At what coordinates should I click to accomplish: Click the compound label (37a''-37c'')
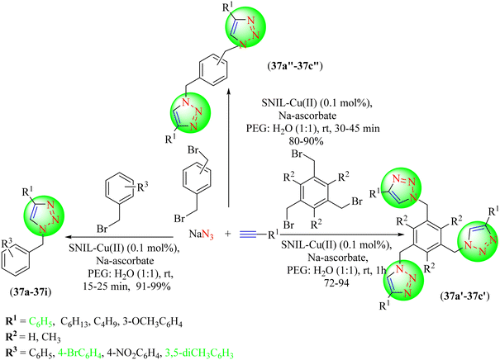point(295,67)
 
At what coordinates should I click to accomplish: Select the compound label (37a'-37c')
point(464,296)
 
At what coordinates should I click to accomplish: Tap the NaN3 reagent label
point(201,234)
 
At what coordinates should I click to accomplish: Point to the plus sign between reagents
point(227,234)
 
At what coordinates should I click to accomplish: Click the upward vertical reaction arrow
point(229,149)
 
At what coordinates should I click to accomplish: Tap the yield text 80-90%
point(306,140)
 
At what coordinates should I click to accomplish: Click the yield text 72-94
point(335,282)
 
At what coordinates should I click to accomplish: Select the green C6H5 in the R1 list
point(40,322)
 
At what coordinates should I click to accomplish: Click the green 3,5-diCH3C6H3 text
point(198,353)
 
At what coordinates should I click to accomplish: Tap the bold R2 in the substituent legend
point(11,337)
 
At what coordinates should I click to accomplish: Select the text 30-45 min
point(357,128)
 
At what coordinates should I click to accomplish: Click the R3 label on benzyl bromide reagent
point(142,187)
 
